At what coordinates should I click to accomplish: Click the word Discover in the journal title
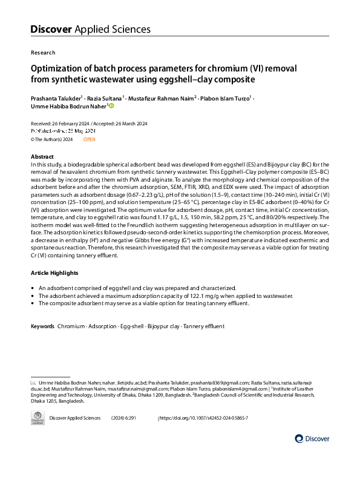pyautogui.click(x=51, y=29)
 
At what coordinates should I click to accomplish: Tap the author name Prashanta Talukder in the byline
pyautogui.click(x=56, y=97)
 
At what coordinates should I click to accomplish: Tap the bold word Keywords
pyautogui.click(x=43, y=327)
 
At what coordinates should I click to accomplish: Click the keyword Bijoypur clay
pyautogui.click(x=164, y=327)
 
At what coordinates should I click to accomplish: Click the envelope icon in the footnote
pyautogui.click(x=33, y=383)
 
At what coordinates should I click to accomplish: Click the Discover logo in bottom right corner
pyautogui.click(x=312, y=438)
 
